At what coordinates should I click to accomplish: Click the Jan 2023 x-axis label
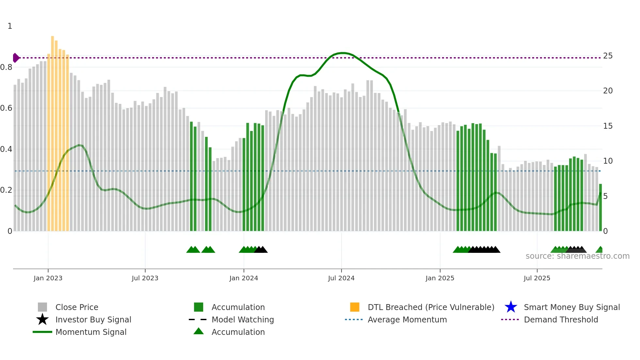pos(48,278)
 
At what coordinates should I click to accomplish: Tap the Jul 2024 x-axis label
pos(341,278)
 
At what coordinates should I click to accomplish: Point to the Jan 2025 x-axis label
pos(440,278)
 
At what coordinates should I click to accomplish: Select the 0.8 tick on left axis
pos(7,67)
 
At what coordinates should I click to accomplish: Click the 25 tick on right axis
pos(608,56)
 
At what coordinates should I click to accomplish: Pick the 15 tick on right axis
pos(608,126)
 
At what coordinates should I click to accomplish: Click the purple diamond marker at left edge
pos(16,58)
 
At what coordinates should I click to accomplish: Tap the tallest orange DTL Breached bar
pos(52,131)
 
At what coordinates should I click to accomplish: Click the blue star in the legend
pos(511,307)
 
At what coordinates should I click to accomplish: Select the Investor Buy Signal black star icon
pos(42,319)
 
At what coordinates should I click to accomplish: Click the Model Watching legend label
pos(243,319)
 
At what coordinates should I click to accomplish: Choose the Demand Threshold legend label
pos(561,319)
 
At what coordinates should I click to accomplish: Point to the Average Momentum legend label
pos(407,319)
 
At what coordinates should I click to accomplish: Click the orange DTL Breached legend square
pos(355,307)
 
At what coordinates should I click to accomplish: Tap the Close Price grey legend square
pos(42,307)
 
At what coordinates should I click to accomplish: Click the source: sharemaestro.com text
pos(577,256)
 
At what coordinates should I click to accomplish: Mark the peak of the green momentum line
pos(342,53)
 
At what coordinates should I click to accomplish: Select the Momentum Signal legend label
pos(91,332)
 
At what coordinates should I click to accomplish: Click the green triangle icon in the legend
pos(199,331)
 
